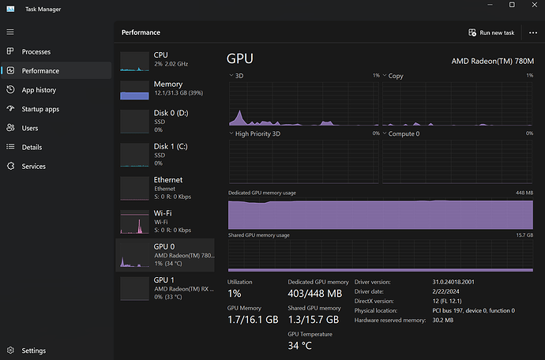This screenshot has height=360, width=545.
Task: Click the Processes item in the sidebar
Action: pyautogui.click(x=36, y=51)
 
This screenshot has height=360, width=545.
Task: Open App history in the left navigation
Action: pyautogui.click(x=39, y=90)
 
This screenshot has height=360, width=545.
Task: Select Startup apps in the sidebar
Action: pyautogui.click(x=40, y=109)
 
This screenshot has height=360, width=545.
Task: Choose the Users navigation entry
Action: pyautogui.click(x=30, y=128)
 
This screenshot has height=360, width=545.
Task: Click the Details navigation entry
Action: pyautogui.click(x=32, y=147)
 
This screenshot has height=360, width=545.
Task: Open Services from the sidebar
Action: pyautogui.click(x=33, y=166)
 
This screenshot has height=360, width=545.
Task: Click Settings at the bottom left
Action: pyautogui.click(x=33, y=351)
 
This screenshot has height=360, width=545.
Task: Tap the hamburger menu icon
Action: pyautogui.click(x=10, y=32)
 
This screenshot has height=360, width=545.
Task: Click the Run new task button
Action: pyautogui.click(x=491, y=33)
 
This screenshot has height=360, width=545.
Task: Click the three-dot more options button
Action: pyautogui.click(x=533, y=33)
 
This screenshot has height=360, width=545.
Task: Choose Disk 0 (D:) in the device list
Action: pyautogui.click(x=170, y=118)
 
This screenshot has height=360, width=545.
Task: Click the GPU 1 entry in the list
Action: pyautogui.click(x=170, y=285)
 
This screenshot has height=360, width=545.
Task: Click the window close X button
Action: pyautogui.click(x=533, y=6)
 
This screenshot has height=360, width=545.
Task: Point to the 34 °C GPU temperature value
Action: pyautogui.click(x=300, y=345)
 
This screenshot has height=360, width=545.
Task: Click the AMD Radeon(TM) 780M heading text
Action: pyautogui.click(x=493, y=61)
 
